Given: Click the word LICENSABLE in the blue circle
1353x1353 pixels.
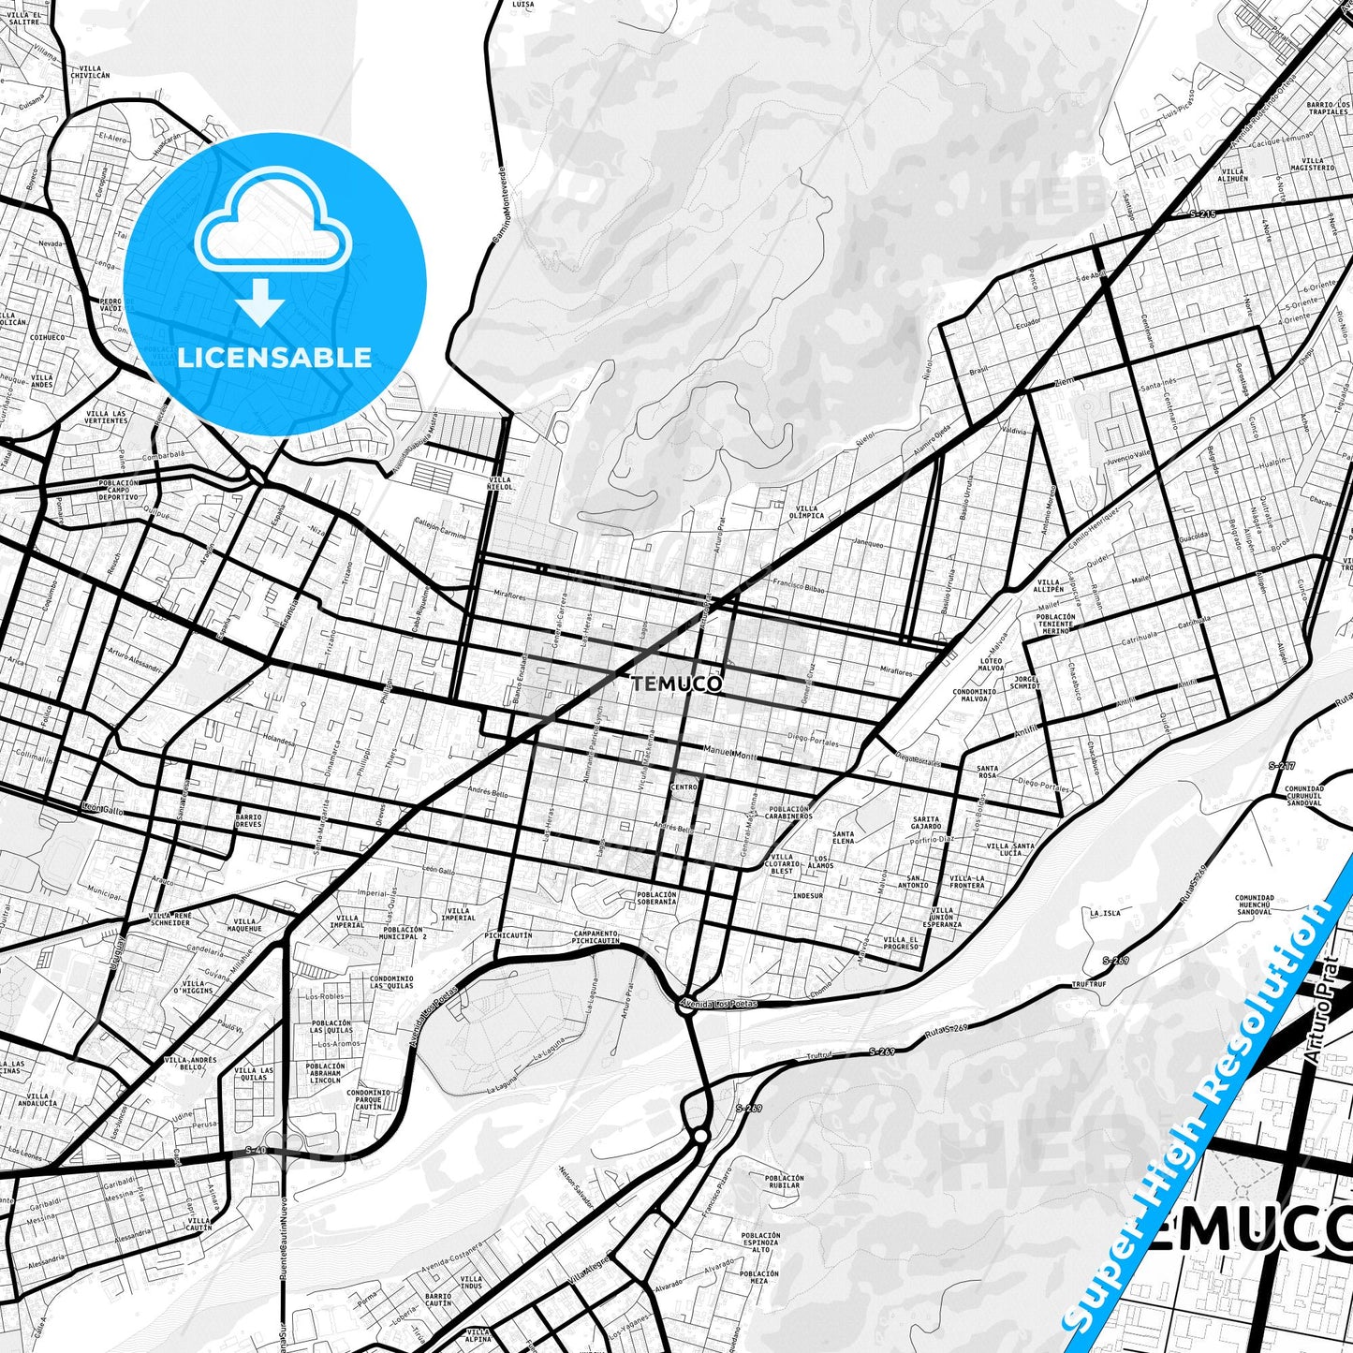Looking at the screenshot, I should point(274,357).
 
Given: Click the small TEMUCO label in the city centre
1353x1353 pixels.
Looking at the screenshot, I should point(677,684).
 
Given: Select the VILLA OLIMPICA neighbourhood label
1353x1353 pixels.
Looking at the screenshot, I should point(805,511).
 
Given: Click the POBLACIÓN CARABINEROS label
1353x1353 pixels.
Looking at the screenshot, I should point(789,812).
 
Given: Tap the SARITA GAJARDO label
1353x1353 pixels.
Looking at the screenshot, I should point(926,823).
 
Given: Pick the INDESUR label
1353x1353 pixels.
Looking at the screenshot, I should point(807,896).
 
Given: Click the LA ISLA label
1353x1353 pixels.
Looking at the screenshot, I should point(1105,912).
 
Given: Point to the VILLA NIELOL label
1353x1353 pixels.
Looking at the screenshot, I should point(500,483).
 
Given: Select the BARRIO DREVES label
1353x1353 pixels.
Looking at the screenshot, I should point(249,820).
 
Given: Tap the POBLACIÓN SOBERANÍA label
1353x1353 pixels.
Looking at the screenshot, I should point(655,898).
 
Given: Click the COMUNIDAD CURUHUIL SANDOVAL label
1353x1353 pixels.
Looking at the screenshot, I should point(1303,796).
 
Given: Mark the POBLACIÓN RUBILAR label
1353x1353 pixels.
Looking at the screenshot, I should point(784,1182).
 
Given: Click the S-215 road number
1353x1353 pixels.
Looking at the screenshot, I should point(1202,214).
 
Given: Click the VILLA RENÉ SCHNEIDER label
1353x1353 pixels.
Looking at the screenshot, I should point(169,919).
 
